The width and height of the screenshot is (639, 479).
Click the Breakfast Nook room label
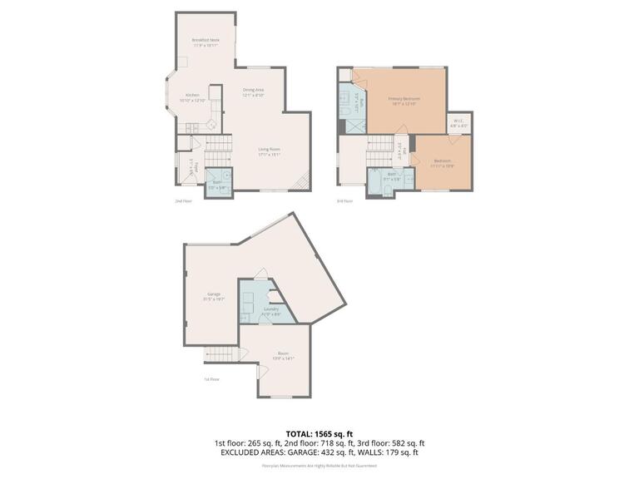coord(206,42)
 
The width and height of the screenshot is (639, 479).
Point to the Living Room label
coord(269,151)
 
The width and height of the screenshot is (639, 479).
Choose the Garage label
coord(214,296)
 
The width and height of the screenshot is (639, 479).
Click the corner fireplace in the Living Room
coord(305,181)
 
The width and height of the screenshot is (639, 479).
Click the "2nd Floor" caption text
coord(182,200)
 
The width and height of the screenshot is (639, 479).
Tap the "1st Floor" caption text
coord(212,379)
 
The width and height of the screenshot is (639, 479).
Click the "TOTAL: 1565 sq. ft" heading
coord(319,434)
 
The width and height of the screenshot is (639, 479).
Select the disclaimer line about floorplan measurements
coord(319,466)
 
